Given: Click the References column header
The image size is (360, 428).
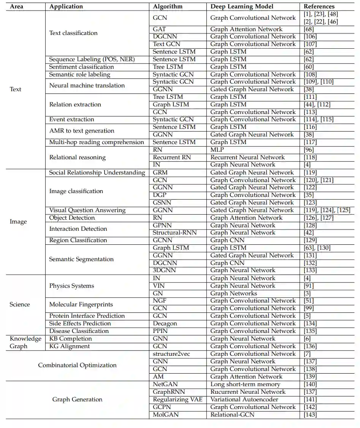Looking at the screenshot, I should tap(319, 6).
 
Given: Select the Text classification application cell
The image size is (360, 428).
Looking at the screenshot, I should tap(73, 33).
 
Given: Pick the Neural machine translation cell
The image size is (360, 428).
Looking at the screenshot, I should tap(87, 86).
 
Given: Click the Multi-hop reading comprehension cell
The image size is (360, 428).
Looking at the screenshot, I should tap(97, 142).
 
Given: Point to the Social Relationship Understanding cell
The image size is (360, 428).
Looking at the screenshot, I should tap(97, 173).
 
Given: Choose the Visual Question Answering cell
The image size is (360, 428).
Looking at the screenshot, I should tap(87, 210).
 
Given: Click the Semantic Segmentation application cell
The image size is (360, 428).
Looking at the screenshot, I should tap(81, 259).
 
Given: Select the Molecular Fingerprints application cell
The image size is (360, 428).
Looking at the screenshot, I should tap(81, 304).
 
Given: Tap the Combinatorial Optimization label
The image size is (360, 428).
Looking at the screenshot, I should tap(77, 365).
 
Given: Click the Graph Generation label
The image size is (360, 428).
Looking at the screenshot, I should tap(77, 399).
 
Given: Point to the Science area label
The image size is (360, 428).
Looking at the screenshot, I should tap(20, 304).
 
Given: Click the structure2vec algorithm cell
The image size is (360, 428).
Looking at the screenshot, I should tap(171, 354).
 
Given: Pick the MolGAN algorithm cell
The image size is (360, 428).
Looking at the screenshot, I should tap(165, 414).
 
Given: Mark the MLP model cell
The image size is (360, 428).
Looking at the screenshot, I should tap(217, 150).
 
